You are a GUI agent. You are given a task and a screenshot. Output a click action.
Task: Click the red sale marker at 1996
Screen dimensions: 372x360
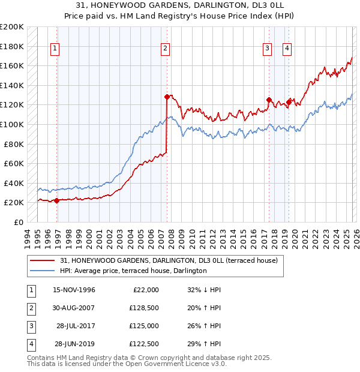[x=57, y=201]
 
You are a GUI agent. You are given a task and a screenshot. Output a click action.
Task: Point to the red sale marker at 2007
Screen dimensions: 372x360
[x=167, y=96]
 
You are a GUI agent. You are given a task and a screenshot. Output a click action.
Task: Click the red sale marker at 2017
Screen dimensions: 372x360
[x=269, y=100]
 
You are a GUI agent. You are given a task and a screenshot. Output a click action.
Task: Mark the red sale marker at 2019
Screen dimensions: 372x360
[x=289, y=102]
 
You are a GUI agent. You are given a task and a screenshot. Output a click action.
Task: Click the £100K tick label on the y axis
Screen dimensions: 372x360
[x=12, y=124]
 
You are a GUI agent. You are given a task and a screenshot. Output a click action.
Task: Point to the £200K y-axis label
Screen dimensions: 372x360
[x=12, y=27]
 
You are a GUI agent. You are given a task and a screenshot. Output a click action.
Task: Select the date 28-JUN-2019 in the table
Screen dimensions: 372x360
[x=74, y=344]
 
